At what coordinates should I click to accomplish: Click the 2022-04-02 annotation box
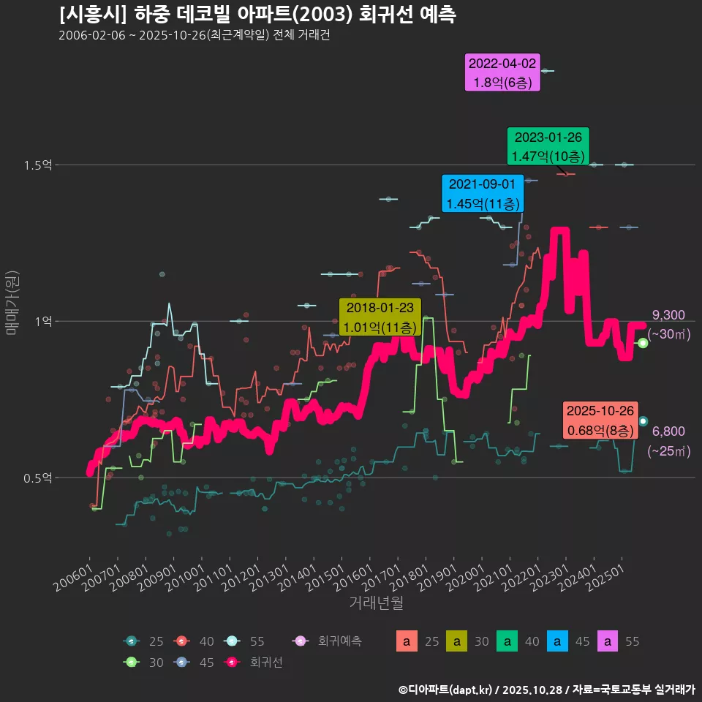point(502,73)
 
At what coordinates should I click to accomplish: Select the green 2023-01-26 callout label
point(548,146)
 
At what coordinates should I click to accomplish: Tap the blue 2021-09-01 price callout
point(483,193)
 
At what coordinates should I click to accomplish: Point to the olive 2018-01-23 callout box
point(380,317)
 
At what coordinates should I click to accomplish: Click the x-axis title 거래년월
point(376,603)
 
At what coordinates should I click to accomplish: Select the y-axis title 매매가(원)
point(12,303)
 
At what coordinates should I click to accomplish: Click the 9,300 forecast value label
point(668,315)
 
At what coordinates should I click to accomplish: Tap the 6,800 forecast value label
point(668,431)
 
